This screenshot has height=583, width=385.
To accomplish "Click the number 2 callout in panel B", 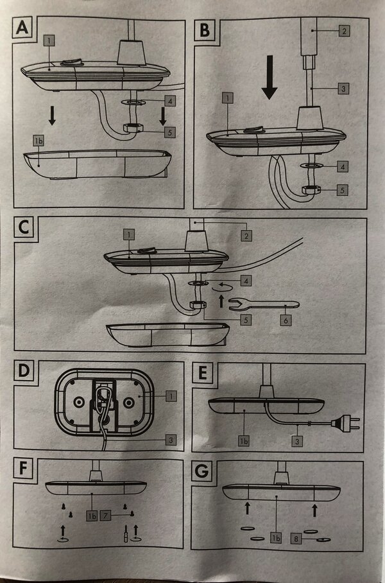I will point(343,31).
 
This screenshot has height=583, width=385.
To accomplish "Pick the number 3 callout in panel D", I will point(170,440).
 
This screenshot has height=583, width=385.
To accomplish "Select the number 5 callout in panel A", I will point(169,132).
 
